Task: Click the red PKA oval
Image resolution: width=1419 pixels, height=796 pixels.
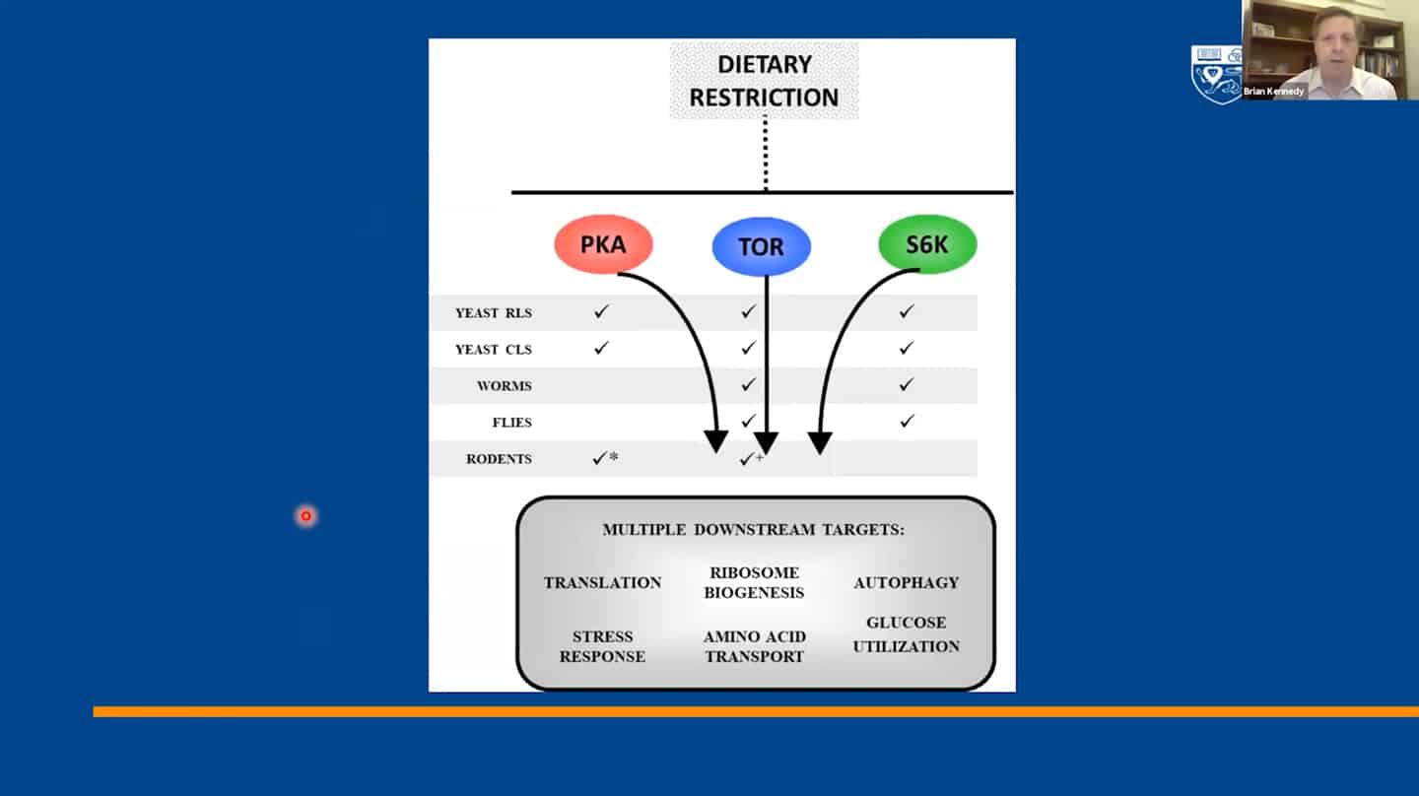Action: [603, 243]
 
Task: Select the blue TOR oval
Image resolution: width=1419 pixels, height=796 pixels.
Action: [761, 246]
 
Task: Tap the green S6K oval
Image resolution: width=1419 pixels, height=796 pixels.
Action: [926, 243]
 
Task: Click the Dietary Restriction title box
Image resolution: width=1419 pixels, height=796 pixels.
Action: [764, 81]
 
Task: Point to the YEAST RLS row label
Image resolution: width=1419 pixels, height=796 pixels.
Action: [494, 313]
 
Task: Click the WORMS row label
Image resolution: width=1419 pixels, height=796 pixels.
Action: [505, 385]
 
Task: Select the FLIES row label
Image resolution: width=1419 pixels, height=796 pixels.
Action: [511, 423]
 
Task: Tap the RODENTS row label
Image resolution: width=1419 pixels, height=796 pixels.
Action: [499, 458]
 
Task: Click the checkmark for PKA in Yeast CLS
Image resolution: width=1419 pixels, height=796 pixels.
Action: [601, 348]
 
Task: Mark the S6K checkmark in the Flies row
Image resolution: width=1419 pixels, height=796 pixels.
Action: [907, 421]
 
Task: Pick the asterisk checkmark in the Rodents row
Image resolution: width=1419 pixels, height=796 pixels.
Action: [605, 458]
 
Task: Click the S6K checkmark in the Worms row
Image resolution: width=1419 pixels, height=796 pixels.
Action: [907, 384]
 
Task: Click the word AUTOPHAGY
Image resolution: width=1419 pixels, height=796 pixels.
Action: [906, 582]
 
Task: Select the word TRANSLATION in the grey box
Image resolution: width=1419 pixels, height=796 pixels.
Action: [602, 582]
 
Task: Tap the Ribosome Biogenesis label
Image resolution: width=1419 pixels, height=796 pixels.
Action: [754, 582]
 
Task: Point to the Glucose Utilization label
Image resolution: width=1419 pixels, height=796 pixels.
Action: [906, 634]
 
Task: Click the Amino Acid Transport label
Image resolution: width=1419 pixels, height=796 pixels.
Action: [755, 646]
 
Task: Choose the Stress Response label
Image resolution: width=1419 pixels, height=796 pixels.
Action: [602, 646]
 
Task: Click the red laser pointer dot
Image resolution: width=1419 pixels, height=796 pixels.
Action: [305, 516]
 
